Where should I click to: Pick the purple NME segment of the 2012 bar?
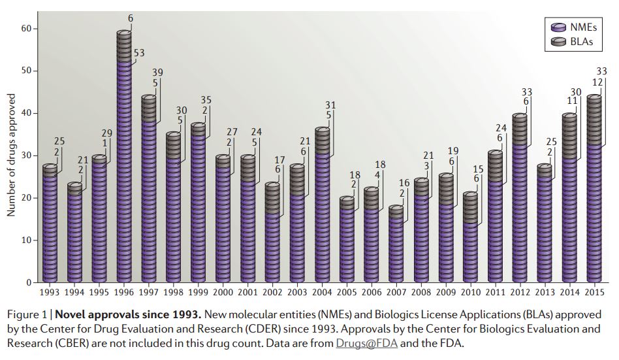[x=520, y=216]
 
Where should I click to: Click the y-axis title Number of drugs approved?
[x=11, y=155]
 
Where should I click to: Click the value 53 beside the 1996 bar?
[x=139, y=53]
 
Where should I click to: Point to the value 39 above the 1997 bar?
[x=157, y=72]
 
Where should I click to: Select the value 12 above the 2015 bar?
[x=597, y=82]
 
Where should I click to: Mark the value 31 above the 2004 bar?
[x=330, y=105]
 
